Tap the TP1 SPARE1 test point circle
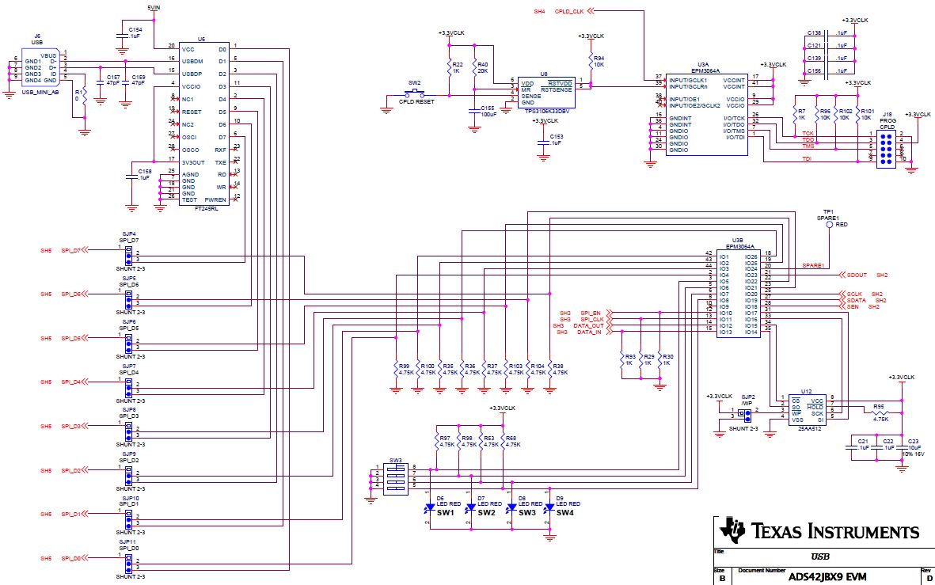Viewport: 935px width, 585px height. click(829, 225)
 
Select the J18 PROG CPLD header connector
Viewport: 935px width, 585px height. click(887, 147)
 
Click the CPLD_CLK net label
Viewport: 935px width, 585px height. click(570, 12)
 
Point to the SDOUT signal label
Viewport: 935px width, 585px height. click(856, 275)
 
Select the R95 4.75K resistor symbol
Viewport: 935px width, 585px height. click(880, 412)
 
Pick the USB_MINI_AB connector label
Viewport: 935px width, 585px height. click(40, 92)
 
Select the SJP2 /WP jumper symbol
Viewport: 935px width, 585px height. click(744, 413)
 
